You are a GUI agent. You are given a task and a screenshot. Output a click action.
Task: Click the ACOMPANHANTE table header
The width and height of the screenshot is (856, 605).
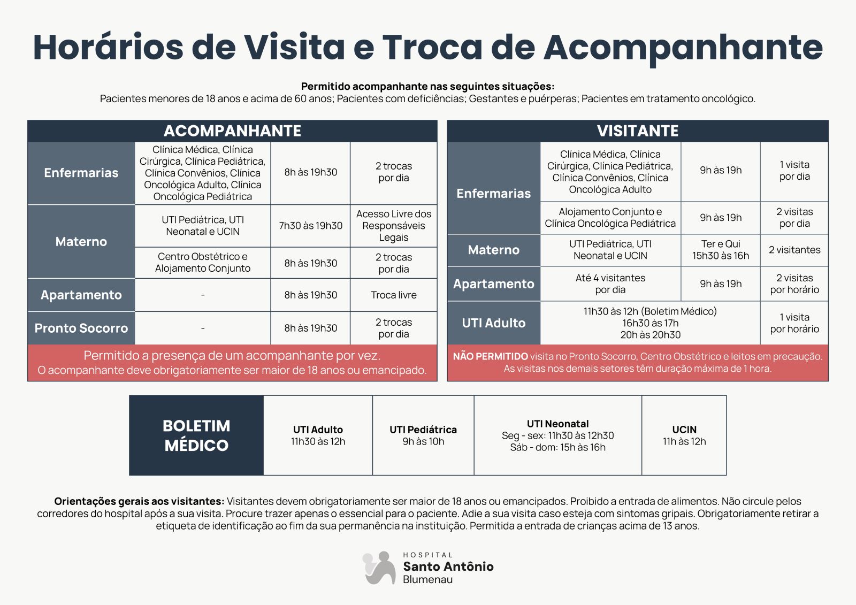tap(232, 131)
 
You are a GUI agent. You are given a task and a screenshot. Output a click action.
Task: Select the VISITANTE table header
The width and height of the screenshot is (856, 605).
tap(637, 131)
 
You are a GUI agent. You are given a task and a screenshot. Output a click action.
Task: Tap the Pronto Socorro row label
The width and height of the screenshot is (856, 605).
tap(81, 328)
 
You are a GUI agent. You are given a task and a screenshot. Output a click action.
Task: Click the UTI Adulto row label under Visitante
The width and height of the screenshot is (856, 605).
tap(493, 323)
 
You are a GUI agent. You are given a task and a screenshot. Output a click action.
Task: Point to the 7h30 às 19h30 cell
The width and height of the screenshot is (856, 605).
tap(310, 226)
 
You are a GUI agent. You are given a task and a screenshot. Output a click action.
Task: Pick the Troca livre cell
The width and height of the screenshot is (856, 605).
tap(393, 295)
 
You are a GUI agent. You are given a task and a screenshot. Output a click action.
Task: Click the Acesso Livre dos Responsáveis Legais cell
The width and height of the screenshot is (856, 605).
tap(393, 226)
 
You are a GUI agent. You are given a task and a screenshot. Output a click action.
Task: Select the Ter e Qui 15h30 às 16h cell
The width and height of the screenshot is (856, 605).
tap(720, 250)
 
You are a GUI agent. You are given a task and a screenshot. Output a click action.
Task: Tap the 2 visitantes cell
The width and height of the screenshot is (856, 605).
tap(794, 250)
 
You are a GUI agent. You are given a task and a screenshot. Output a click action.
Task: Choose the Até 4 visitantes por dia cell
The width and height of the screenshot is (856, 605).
tap(610, 284)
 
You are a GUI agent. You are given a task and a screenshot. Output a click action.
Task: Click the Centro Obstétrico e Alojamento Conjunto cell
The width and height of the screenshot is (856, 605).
tap(202, 263)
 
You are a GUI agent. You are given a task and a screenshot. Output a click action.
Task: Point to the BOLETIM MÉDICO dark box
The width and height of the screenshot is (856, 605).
tap(196, 435)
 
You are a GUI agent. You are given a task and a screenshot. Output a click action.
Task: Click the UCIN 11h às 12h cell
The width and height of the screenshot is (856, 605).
tap(684, 435)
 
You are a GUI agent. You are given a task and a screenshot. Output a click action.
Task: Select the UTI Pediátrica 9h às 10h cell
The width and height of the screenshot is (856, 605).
tap(423, 435)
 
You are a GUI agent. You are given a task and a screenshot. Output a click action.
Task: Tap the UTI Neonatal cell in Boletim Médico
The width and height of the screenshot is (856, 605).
tap(557, 435)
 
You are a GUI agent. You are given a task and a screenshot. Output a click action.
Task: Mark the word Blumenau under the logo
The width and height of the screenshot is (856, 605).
tap(427, 580)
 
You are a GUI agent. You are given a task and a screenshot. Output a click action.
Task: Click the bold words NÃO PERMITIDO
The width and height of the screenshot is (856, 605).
tap(490, 356)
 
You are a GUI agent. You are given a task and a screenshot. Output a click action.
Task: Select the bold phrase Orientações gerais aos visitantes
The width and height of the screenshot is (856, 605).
tap(139, 502)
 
